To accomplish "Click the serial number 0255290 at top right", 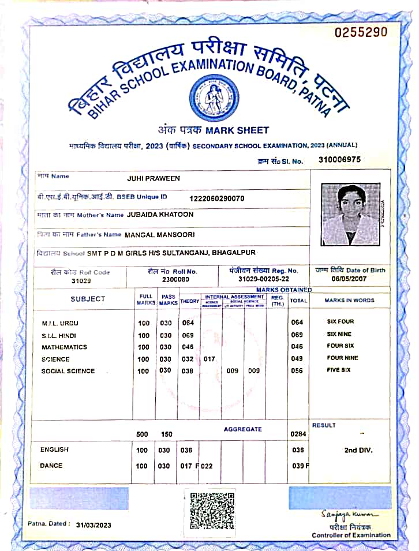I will click(x=361, y=32).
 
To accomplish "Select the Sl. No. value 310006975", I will click(x=339, y=159).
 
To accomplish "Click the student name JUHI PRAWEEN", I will click(x=154, y=178).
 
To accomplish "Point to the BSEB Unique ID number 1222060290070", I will click(x=217, y=198).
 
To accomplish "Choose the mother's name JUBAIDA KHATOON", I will click(x=160, y=215).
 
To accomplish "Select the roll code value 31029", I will click(x=81, y=281).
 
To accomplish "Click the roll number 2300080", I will click(x=176, y=279).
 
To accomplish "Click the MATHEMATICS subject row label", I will click(x=64, y=347).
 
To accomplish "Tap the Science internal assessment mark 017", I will click(x=209, y=359).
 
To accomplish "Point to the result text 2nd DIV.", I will click(x=358, y=450).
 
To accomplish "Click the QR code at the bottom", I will click(x=212, y=510).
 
